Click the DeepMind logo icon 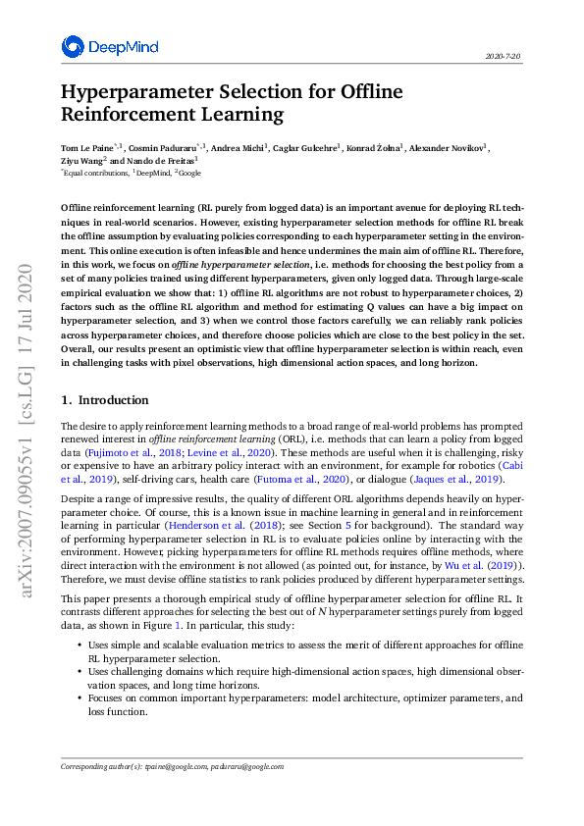click(73, 47)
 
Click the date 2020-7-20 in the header click(504, 58)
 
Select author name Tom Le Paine click(87, 146)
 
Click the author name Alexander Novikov click(451, 146)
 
